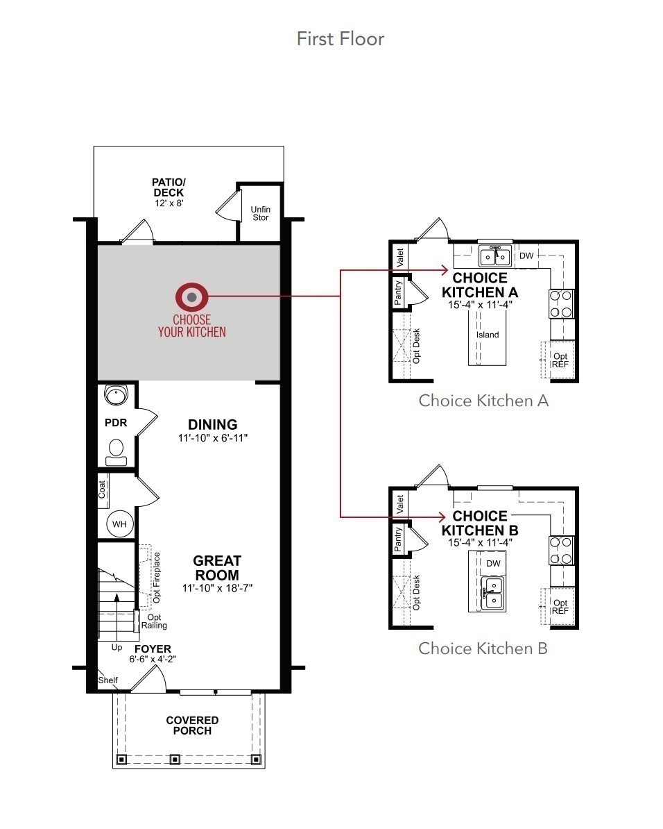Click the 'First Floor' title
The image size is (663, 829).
pos(340,38)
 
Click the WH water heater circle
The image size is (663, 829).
pos(119,524)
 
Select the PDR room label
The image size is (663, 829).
pos(116,422)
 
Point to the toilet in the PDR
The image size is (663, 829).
pos(117,451)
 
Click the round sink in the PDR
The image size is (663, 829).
pos(115,396)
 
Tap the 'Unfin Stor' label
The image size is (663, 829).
pos(260,213)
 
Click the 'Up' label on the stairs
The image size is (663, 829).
pos(117,646)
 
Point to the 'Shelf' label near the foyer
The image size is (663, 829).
pos(107,680)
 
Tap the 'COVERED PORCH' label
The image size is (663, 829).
pos(192,726)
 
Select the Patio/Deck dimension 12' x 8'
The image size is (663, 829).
pos(169,203)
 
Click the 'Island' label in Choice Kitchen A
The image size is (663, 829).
pos(488,335)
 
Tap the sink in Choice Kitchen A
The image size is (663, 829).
pos(495,256)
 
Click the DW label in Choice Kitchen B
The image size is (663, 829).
pos(493,563)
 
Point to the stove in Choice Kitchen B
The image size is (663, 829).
pos(562,551)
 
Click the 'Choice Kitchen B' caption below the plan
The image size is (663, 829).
pos(483,648)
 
